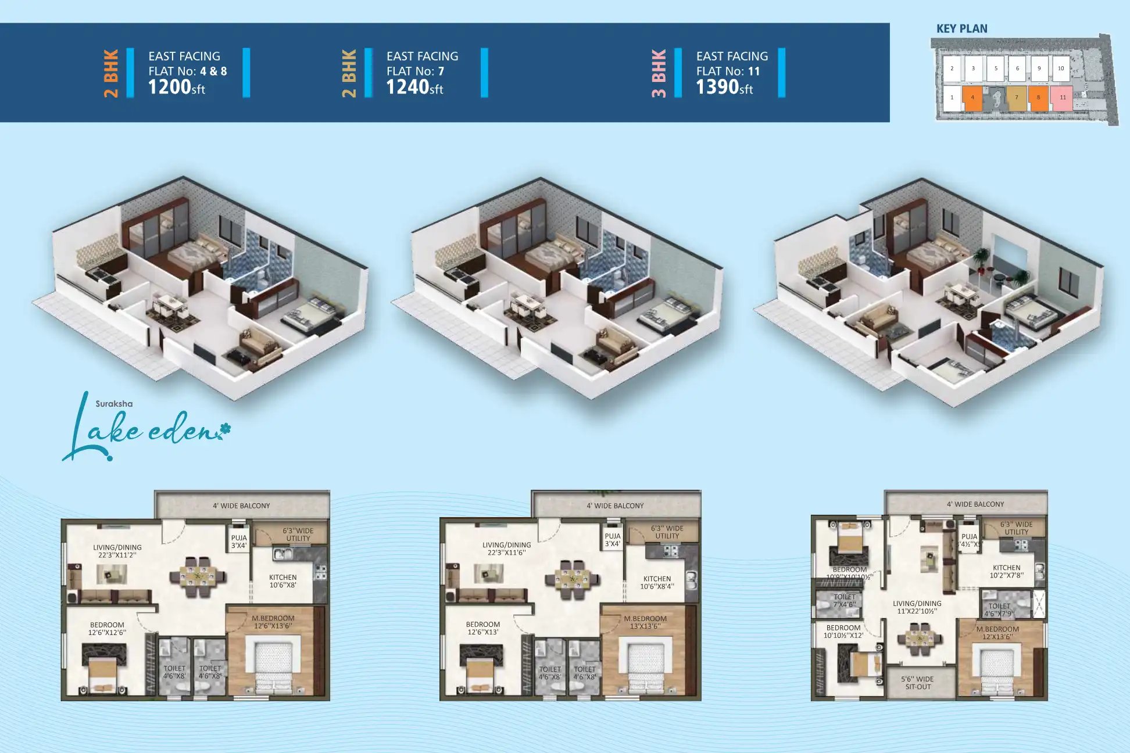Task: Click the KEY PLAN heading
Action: pyautogui.click(x=961, y=28)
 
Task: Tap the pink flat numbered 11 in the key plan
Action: pyautogui.click(x=1062, y=98)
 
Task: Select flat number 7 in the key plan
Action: pyautogui.click(x=1017, y=98)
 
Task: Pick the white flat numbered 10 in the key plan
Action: pyautogui.click(x=1061, y=69)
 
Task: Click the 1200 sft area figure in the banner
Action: pyautogui.click(x=177, y=87)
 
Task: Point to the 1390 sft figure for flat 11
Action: pyautogui.click(x=724, y=87)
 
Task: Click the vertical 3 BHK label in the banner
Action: pyautogui.click(x=659, y=73)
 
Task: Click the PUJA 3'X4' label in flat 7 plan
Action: pyautogui.click(x=612, y=540)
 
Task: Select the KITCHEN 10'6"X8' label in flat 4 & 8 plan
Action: pyautogui.click(x=282, y=581)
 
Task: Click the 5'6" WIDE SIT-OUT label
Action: pyautogui.click(x=917, y=683)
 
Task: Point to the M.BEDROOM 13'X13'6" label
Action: pyautogui.click(x=645, y=622)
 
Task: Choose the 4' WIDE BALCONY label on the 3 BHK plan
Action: pyautogui.click(x=975, y=504)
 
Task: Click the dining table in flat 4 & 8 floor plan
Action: pyautogui.click(x=198, y=577)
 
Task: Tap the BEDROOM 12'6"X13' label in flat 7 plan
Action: pyautogui.click(x=482, y=627)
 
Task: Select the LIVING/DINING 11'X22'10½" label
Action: pyautogui.click(x=917, y=607)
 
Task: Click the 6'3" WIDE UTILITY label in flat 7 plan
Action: pyautogui.click(x=667, y=532)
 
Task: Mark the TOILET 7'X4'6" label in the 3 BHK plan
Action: pyautogui.click(x=844, y=600)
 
